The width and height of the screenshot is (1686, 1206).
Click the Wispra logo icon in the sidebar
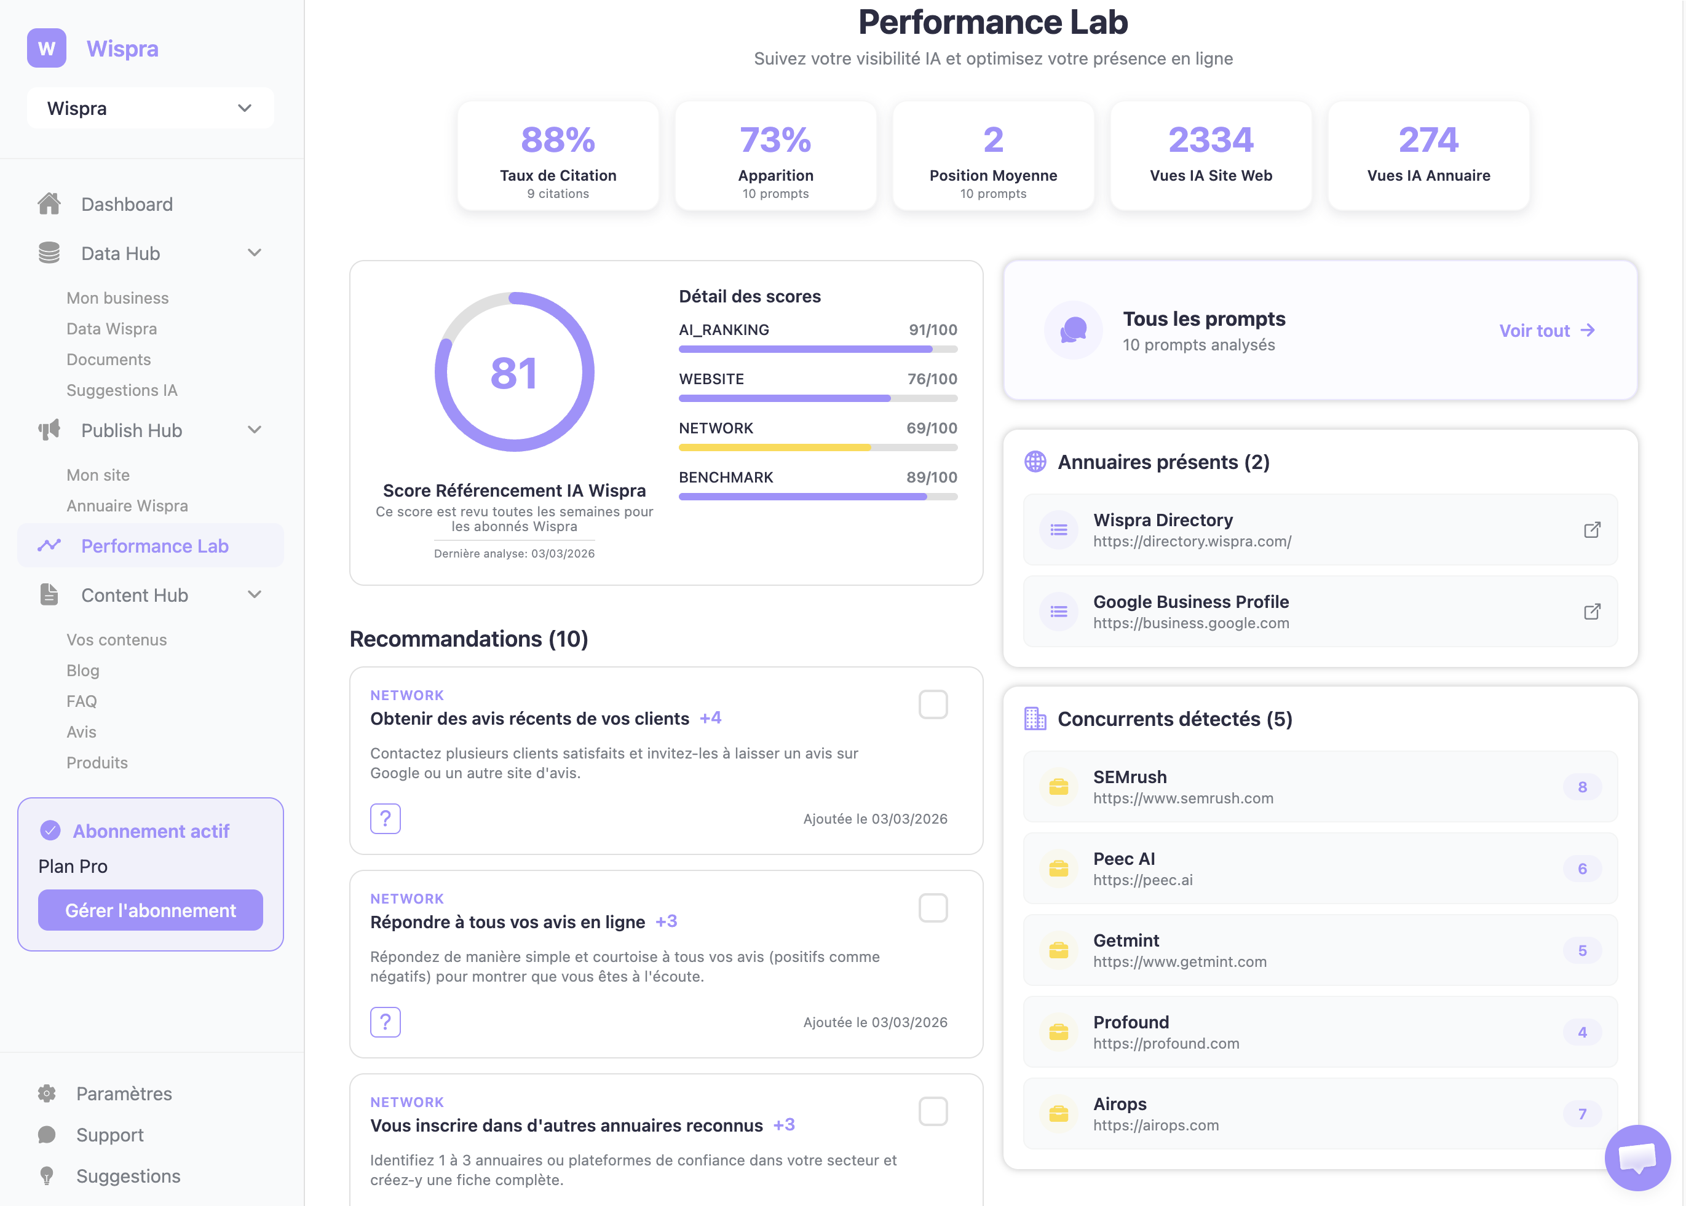(46, 49)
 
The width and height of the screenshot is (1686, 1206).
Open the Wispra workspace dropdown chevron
(244, 108)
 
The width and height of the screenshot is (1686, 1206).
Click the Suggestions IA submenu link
(122, 390)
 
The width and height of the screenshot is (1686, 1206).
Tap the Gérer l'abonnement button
(150, 910)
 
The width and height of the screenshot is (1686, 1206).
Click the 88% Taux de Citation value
(558, 140)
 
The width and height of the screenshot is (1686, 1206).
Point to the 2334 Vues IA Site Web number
(1210, 140)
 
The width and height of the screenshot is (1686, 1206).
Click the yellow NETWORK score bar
(774, 448)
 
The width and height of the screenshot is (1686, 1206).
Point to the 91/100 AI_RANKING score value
(932, 329)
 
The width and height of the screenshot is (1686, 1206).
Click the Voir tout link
(1546, 331)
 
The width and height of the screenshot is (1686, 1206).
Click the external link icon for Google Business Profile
(1592, 611)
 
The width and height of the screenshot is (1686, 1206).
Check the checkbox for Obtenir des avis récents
(933, 704)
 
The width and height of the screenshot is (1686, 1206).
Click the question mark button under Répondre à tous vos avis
(386, 1022)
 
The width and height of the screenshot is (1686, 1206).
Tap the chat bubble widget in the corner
(1637, 1157)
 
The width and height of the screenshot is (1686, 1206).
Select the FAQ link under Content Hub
(82, 701)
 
